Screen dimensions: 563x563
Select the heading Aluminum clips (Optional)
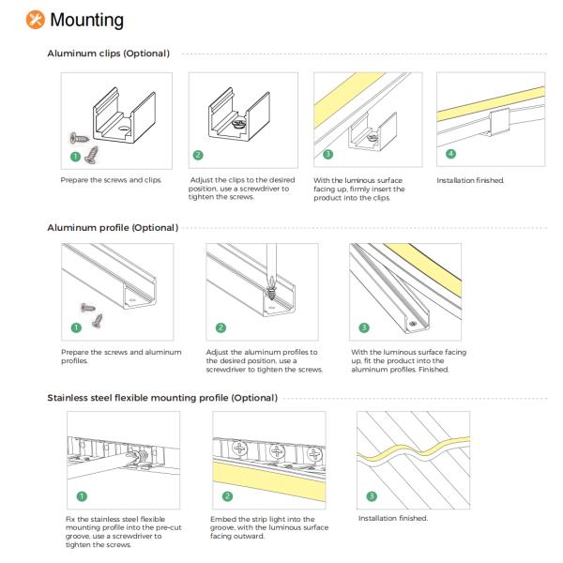[x=108, y=53]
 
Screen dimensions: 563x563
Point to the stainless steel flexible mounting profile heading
[x=161, y=399]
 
